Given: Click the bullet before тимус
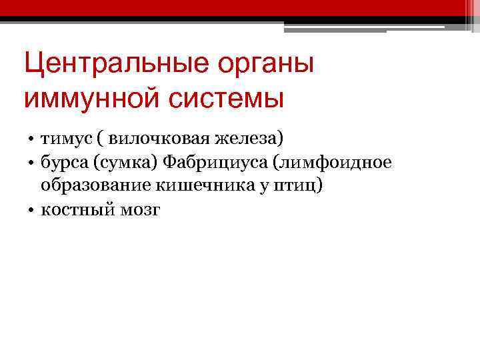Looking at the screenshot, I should click(x=32, y=139).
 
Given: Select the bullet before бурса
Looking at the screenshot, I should click(x=32, y=163).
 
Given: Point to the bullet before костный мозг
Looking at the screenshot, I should click(x=32, y=211).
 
